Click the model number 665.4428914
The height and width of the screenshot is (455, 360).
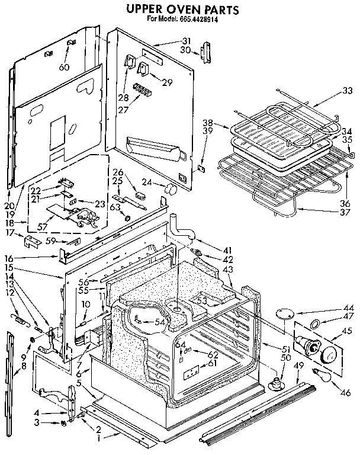point(197,20)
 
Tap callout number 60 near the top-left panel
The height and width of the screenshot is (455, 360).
point(64,67)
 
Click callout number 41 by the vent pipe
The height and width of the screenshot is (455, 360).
point(210,249)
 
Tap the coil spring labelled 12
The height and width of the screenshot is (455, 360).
point(22,321)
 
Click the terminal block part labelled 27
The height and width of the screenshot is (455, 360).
point(143,91)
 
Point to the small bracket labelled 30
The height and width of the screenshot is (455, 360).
point(207,52)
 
